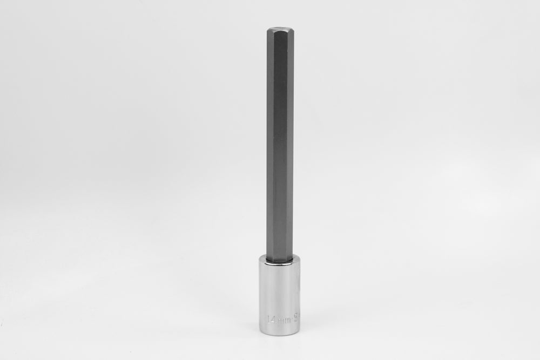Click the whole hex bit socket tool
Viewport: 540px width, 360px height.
coord(279,184)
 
